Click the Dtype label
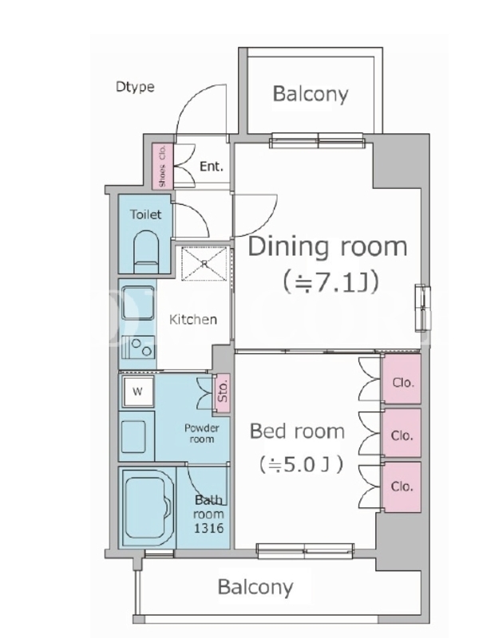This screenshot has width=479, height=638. pyautogui.click(x=135, y=87)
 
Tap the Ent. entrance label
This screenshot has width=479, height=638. pyautogui.click(x=212, y=167)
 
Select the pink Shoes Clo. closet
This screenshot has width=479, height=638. pyautogui.click(x=163, y=166)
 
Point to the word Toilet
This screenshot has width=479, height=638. pyautogui.click(x=145, y=215)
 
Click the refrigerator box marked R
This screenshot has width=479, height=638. pyautogui.click(x=204, y=264)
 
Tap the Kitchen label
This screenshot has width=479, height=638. pyautogui.click(x=193, y=320)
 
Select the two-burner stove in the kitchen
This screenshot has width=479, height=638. pyautogui.click(x=138, y=347)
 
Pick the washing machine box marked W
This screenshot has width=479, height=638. pyautogui.click(x=138, y=392)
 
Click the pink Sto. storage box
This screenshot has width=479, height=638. pyautogui.click(x=223, y=392)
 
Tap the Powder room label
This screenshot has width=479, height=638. pyautogui.click(x=202, y=433)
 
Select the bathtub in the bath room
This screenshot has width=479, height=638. pyautogui.click(x=148, y=507)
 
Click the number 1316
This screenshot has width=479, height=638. pyautogui.click(x=209, y=528)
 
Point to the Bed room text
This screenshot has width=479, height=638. pyautogui.click(x=297, y=431)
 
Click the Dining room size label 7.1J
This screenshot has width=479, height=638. pyautogui.click(x=331, y=282)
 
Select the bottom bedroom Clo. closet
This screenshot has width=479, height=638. pyautogui.click(x=402, y=487)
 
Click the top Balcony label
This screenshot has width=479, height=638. pyautogui.click(x=311, y=94)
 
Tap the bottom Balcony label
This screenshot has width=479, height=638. pyautogui.click(x=255, y=587)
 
